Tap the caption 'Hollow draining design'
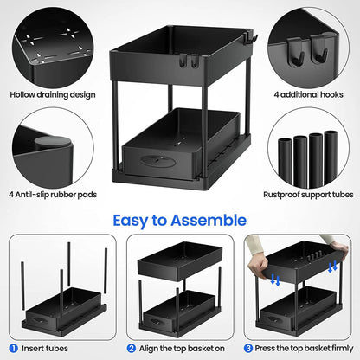pos(52,93)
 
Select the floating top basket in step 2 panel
pos(177,257)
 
